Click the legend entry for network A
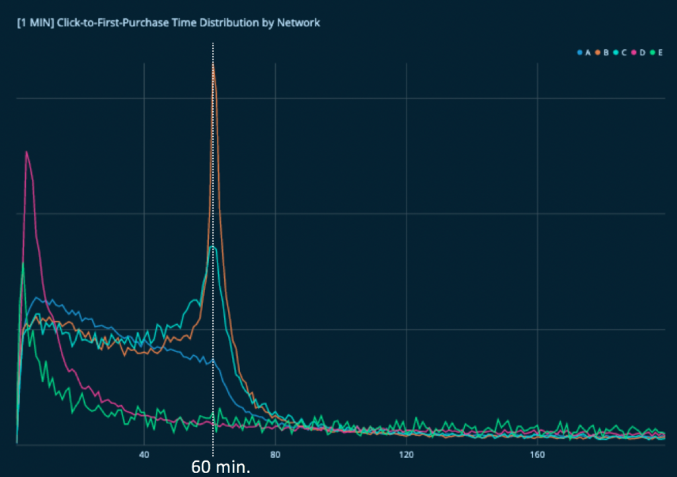point(584,52)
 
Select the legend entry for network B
point(602,52)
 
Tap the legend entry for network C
point(620,52)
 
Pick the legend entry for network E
point(657,52)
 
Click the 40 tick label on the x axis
point(143,455)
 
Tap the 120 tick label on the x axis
point(406,455)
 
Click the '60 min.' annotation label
point(214,466)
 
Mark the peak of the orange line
point(213,65)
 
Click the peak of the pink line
point(26,152)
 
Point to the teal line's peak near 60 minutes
point(212,247)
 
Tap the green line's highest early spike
point(23,263)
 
